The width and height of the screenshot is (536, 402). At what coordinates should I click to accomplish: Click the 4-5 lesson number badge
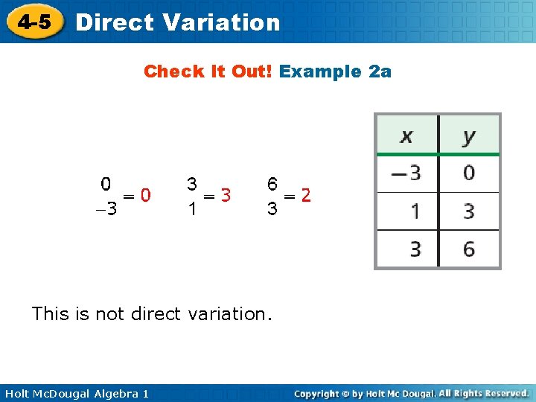click(35, 22)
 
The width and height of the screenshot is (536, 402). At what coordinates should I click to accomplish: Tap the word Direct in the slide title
click(115, 22)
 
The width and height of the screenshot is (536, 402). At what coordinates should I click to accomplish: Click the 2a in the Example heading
click(380, 71)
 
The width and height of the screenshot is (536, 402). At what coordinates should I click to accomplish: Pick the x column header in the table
click(406, 136)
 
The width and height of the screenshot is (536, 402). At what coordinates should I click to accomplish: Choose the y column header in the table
click(469, 136)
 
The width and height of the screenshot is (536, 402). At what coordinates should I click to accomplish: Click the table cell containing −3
click(406, 173)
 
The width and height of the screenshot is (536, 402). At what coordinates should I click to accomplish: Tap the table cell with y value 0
click(469, 173)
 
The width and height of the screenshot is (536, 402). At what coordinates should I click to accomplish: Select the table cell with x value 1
click(415, 211)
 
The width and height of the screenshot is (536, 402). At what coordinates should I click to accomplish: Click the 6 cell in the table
click(469, 249)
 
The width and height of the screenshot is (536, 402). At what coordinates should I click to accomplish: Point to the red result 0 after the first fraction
click(147, 195)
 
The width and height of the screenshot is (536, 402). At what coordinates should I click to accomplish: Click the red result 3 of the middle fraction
click(226, 195)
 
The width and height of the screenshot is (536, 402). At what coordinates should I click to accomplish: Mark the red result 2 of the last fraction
click(306, 195)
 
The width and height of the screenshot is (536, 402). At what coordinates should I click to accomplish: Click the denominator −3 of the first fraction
click(107, 209)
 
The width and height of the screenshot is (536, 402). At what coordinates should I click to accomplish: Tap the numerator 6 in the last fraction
click(273, 183)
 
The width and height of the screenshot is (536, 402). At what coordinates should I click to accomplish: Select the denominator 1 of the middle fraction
click(192, 209)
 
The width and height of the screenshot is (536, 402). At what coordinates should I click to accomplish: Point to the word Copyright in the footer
click(322, 393)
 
